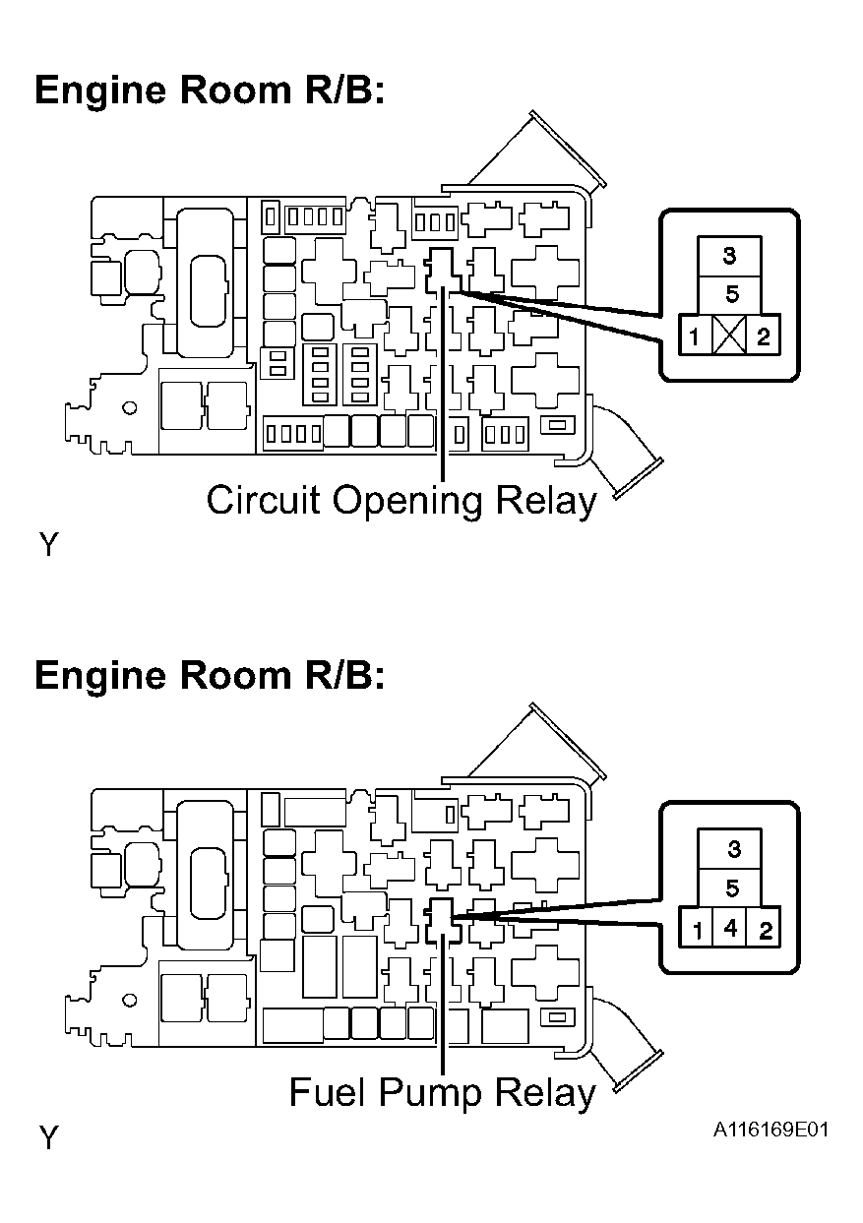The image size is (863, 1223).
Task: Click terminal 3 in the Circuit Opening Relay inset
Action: tap(729, 256)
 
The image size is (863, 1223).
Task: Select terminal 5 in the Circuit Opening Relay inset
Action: tap(729, 295)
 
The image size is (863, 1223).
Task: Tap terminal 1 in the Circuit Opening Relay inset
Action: tap(696, 335)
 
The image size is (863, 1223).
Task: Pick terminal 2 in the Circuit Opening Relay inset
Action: tap(763, 335)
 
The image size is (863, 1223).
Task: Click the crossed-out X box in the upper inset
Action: tap(729, 335)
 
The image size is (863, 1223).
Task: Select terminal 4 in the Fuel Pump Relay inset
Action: tap(730, 928)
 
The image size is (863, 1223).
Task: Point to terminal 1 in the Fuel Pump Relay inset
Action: tap(696, 928)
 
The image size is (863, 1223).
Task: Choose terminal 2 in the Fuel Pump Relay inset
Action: tap(764, 928)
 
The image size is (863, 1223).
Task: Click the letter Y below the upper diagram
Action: tap(48, 544)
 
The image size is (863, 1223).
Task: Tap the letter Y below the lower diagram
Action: tap(48, 1137)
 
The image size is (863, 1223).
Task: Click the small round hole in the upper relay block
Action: tap(130, 408)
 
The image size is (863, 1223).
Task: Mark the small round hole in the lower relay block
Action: tap(130, 1001)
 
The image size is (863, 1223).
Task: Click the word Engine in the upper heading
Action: tap(100, 92)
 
